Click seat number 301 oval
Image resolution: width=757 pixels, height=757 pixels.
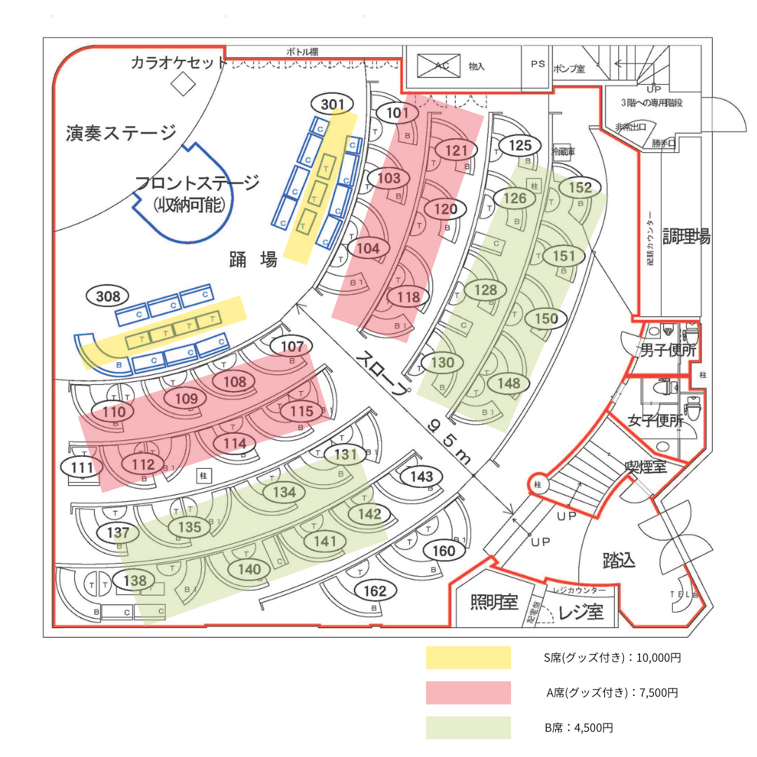pos(333,105)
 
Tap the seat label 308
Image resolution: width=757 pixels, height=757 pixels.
pos(108,296)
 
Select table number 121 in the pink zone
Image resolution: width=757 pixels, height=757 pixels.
pos(456,150)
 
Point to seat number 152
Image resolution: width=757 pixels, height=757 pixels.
pos(580,188)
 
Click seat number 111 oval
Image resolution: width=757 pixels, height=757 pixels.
pos(82,467)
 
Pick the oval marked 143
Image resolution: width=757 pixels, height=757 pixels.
pos(421,477)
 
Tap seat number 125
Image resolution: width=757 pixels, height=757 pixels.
pos(520,146)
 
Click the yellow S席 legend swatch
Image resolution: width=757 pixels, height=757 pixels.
pos(468,657)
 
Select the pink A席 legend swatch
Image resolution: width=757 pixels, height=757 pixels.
pos(468,693)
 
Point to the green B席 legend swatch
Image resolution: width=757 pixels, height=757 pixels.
pos(468,728)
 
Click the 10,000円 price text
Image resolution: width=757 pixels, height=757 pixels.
pos(655,658)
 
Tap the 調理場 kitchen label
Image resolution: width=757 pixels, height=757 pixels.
pos(687,237)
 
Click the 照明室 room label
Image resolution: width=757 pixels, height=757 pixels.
pos(493,602)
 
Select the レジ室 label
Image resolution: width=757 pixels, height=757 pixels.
pos(581,612)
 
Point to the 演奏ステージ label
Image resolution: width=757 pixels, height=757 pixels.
pos(121,132)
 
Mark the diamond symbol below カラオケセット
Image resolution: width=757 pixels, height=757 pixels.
pos(184,85)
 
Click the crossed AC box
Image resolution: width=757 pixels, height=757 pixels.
pos(438,66)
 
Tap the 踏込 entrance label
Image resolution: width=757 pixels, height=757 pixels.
pos(619,560)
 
